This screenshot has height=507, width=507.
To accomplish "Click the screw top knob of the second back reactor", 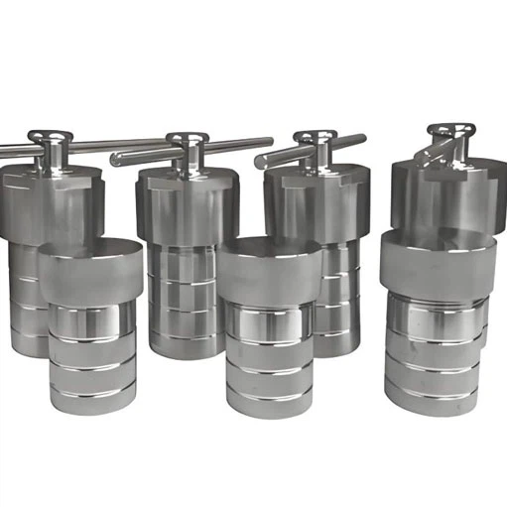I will click(186, 137).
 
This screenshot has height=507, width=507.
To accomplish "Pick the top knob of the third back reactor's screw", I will click(316, 136).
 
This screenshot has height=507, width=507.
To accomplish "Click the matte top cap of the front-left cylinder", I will click(90, 272).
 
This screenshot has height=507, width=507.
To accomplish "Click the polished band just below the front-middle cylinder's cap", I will click(268, 317).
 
